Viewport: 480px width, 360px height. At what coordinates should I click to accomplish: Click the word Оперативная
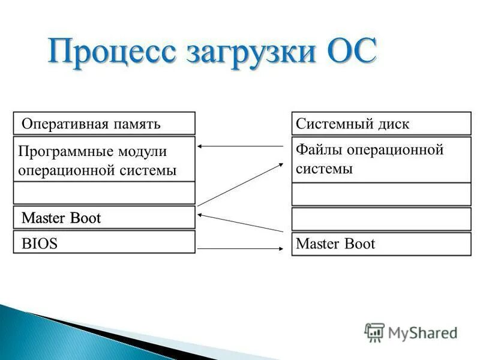point(65,124)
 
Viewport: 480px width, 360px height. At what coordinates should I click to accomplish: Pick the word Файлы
point(315,149)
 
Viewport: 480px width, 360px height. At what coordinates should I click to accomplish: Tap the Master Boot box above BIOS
point(104,217)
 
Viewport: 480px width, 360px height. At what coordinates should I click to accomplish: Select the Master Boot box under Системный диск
point(381,244)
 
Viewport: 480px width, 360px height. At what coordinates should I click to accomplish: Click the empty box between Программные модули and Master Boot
point(104,193)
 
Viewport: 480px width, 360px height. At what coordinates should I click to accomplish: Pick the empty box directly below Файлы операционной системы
point(381,194)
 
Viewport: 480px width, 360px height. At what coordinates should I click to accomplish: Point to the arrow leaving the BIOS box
point(240,248)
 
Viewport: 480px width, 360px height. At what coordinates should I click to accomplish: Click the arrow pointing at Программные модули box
point(240,146)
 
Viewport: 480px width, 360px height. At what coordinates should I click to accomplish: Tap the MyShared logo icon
point(374,332)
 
